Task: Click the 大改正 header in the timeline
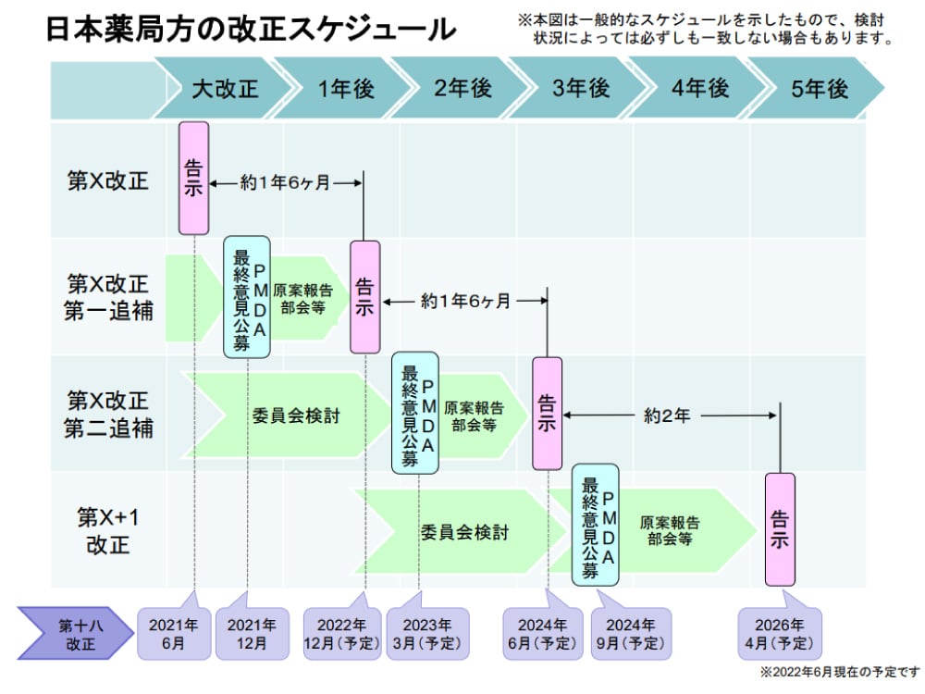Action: (x=225, y=89)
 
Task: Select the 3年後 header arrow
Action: (x=581, y=89)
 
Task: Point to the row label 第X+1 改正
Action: (x=108, y=529)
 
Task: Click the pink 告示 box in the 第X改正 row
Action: (x=193, y=178)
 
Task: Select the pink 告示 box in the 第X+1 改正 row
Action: (x=780, y=529)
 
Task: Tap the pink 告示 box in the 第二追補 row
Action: (x=547, y=413)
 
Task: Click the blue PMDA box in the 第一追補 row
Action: (x=247, y=297)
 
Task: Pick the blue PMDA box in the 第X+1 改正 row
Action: (x=596, y=529)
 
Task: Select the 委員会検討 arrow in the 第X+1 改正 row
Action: (x=464, y=532)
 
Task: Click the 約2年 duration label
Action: (x=667, y=416)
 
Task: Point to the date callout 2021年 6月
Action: (x=174, y=633)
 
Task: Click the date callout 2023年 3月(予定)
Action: (x=427, y=633)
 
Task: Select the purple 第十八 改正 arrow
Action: (x=78, y=633)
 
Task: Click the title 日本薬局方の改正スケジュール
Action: (x=250, y=30)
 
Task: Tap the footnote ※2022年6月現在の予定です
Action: (x=840, y=672)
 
